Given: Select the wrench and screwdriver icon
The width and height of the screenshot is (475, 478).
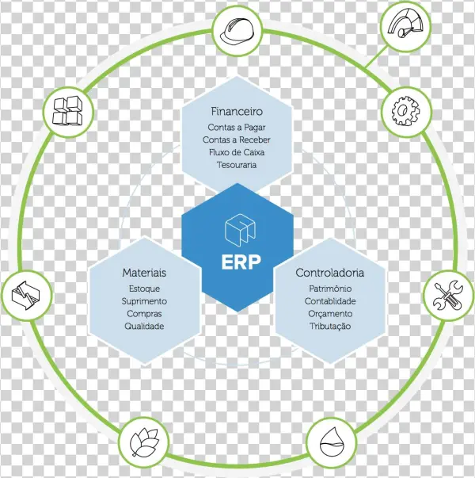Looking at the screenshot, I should [x=445, y=296].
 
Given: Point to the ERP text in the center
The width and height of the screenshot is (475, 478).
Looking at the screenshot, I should [x=238, y=262].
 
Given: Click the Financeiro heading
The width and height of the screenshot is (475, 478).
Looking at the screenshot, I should [x=237, y=111].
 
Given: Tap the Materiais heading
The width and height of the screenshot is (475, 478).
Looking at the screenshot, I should [x=144, y=273].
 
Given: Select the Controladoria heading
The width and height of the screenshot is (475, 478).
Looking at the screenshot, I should [x=330, y=273].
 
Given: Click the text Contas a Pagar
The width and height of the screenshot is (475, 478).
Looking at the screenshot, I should [x=237, y=127].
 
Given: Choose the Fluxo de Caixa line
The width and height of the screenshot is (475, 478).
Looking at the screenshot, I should [x=237, y=152].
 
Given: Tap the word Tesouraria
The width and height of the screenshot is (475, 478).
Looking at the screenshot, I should [x=237, y=165].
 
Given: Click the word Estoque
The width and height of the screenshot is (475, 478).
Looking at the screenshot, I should [x=144, y=289].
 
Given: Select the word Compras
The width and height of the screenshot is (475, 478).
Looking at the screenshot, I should [x=144, y=314].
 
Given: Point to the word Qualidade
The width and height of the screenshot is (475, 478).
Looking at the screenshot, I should [x=144, y=327].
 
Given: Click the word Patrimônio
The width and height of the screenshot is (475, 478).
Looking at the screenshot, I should [x=330, y=289].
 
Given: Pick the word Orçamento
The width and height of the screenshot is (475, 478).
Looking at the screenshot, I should [x=330, y=314].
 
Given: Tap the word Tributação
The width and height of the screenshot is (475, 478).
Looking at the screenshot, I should [x=330, y=327].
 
